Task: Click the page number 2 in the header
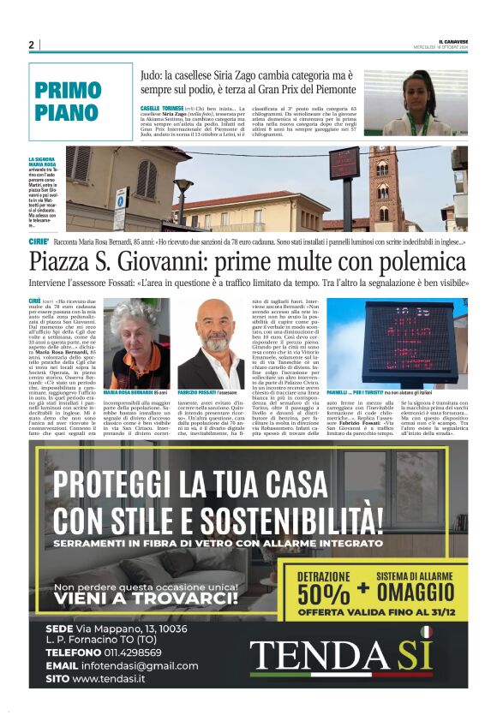pyautogui.click(x=31, y=45)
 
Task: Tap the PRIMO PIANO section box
pyautogui.click(x=81, y=101)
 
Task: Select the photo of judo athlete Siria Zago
pyautogui.click(x=416, y=103)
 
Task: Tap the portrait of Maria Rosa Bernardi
pyautogui.click(x=135, y=343)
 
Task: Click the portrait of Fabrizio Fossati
pyautogui.click(x=211, y=343)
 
